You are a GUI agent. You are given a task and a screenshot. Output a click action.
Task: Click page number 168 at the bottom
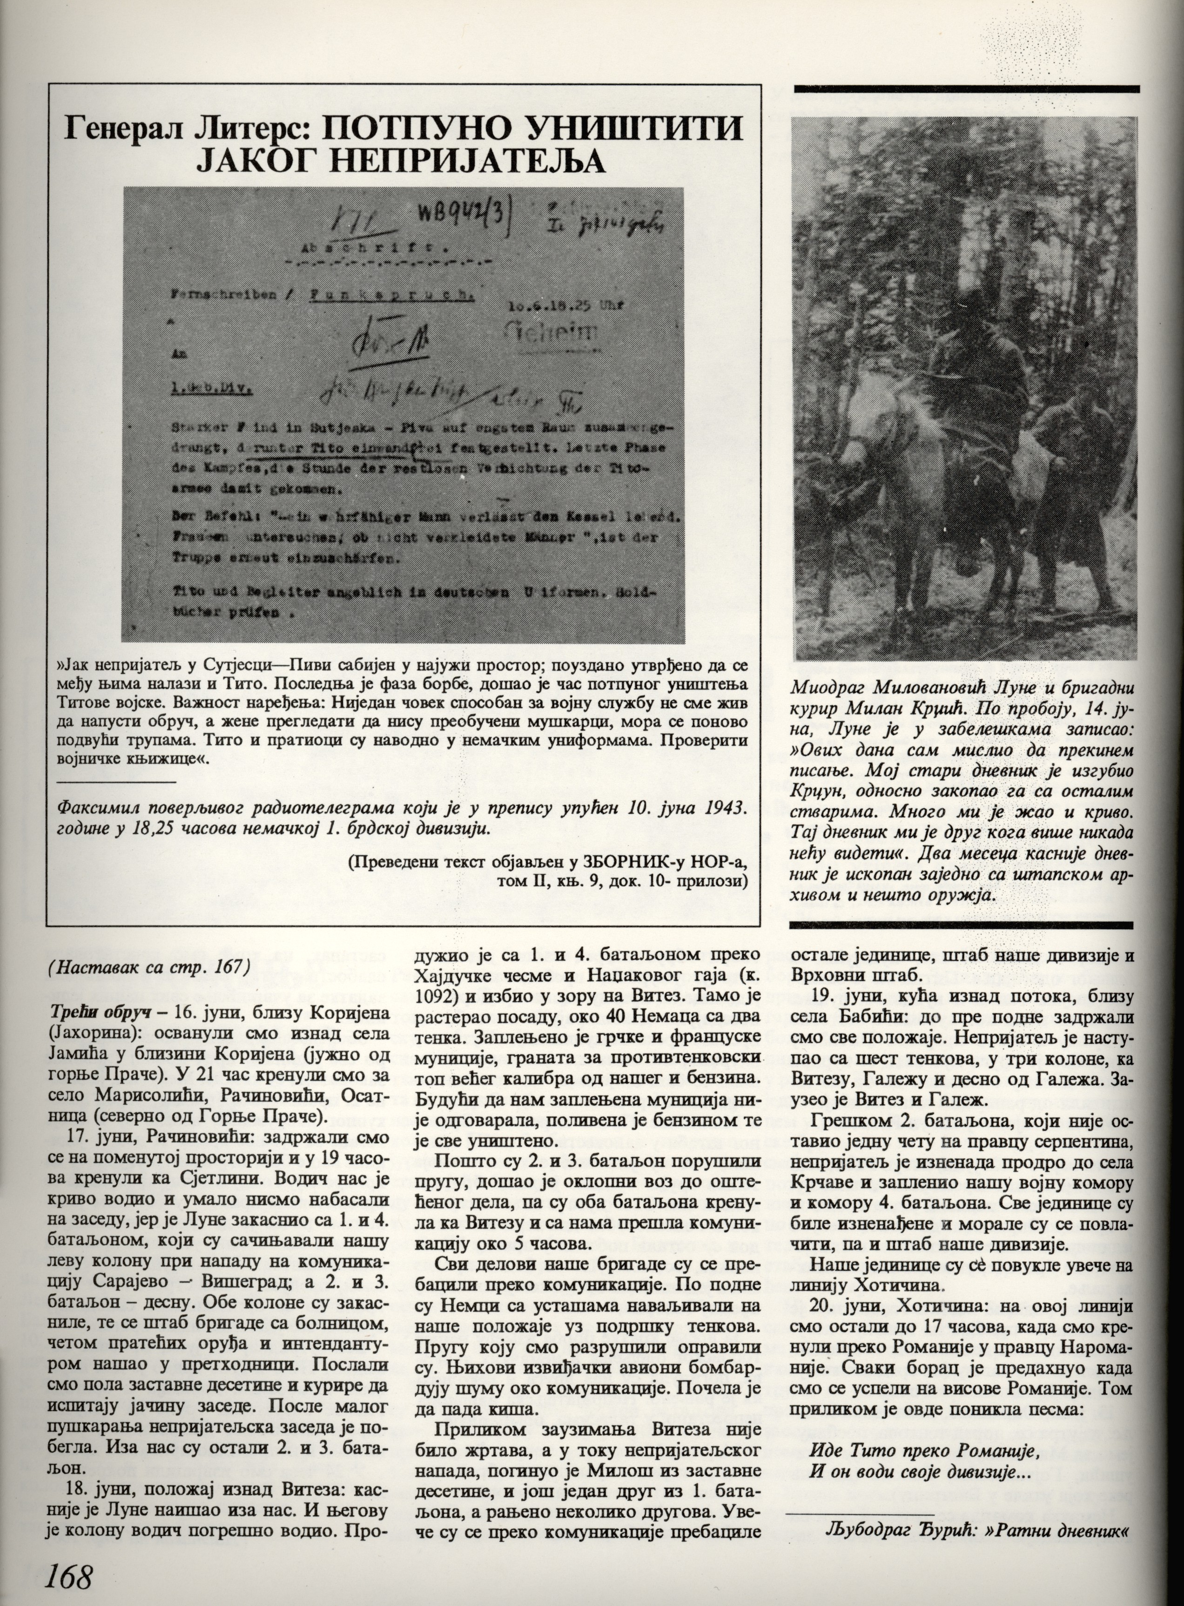[x=69, y=1574]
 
